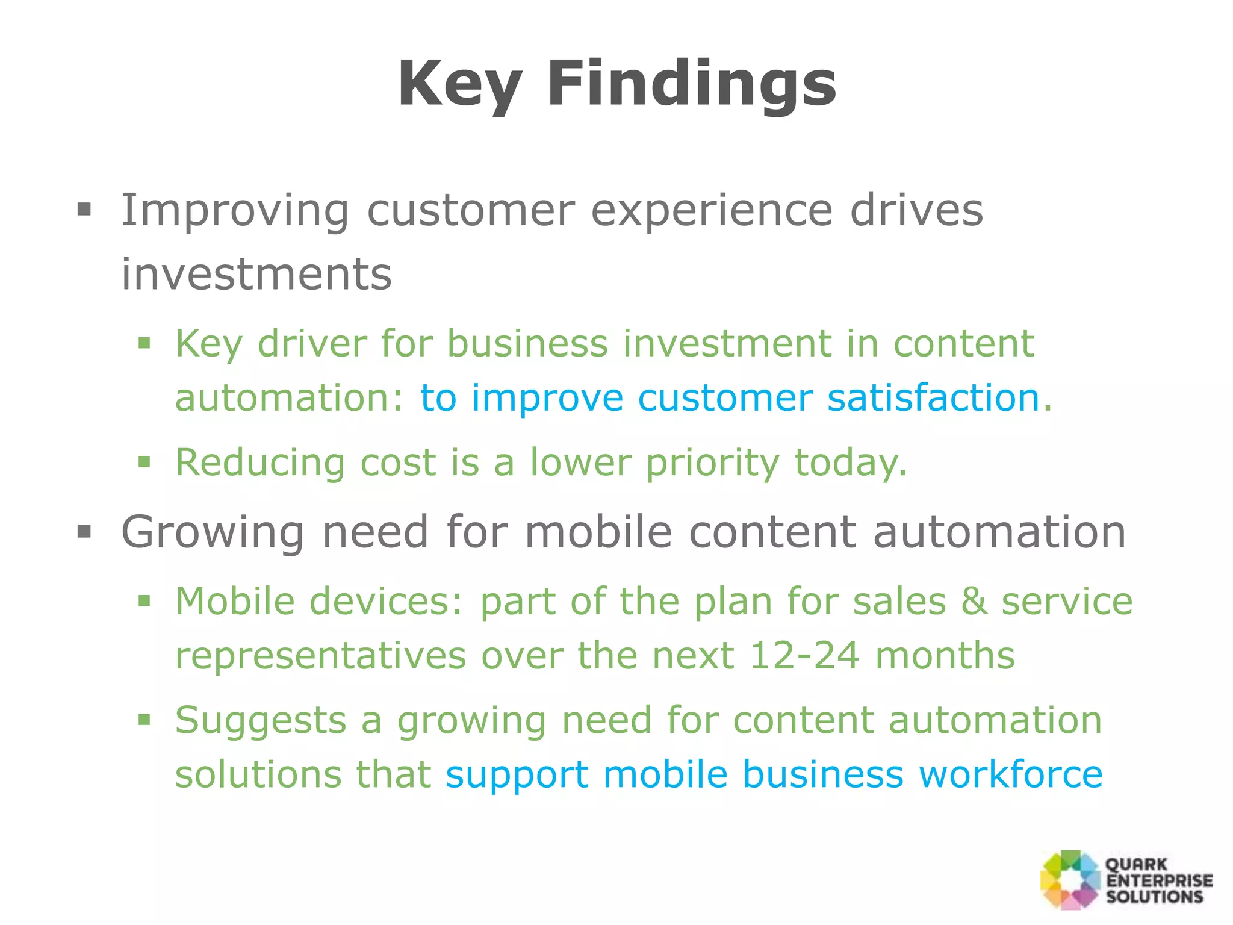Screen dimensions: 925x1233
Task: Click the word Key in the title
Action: (459, 84)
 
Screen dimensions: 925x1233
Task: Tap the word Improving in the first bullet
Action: (235, 211)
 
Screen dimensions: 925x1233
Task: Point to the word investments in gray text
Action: (256, 274)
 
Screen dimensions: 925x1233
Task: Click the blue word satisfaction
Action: (934, 398)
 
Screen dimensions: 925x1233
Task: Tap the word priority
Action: (712, 462)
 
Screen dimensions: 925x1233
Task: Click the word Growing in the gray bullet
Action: (213, 532)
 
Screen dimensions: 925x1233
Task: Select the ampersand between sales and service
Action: (974, 601)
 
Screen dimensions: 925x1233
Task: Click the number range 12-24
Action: (804, 655)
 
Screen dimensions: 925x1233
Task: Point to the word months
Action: (945, 655)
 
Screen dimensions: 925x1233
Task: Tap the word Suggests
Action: (260, 720)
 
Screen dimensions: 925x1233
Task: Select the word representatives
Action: (320, 655)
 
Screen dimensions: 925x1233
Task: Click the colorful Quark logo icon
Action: (1070, 879)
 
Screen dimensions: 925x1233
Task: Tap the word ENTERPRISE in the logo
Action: (1159, 880)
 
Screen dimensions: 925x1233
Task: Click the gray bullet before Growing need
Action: (84, 532)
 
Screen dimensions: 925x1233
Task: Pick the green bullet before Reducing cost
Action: (144, 462)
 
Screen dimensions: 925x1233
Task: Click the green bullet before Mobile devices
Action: (144, 600)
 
